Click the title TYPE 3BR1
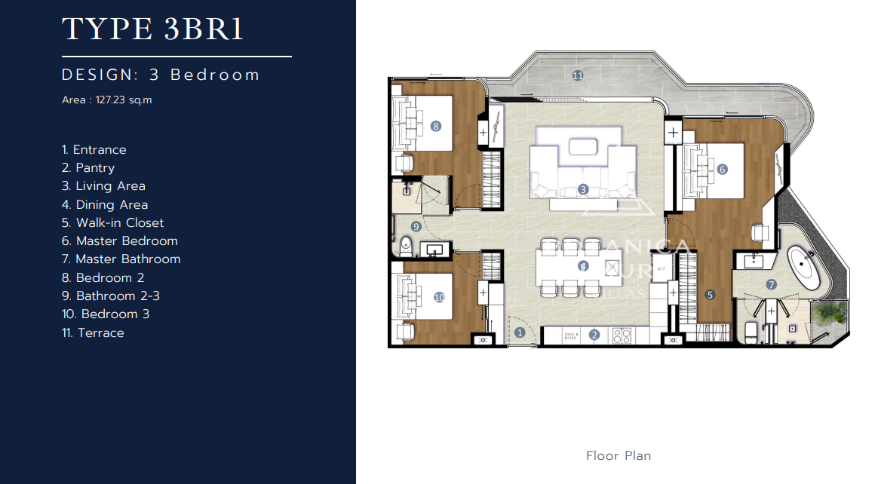pyautogui.click(x=152, y=29)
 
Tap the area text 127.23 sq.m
pyautogui.click(x=124, y=100)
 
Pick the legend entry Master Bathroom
pyautogui.click(x=127, y=259)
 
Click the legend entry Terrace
pyautogui.click(x=100, y=332)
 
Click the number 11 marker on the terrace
pyautogui.click(x=578, y=75)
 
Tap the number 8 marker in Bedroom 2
pyautogui.click(x=435, y=126)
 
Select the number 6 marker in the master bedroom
pyautogui.click(x=722, y=170)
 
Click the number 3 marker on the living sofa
pyautogui.click(x=583, y=189)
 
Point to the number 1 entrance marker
pyautogui.click(x=519, y=332)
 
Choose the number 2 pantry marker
pyautogui.click(x=594, y=335)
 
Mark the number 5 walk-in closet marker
pyautogui.click(x=709, y=295)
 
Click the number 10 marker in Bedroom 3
pyautogui.click(x=440, y=298)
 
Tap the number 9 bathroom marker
pyautogui.click(x=416, y=226)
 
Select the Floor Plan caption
pyautogui.click(x=618, y=455)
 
